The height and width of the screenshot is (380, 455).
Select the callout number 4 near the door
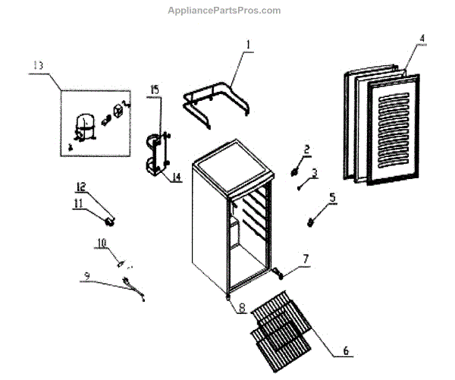[422, 37]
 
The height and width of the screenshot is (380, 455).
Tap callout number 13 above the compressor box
[37, 66]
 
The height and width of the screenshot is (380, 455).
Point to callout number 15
[154, 90]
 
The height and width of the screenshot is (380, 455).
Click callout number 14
[175, 177]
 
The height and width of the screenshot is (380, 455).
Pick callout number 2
[307, 149]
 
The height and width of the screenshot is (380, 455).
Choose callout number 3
[314, 172]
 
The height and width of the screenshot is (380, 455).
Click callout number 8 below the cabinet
[242, 308]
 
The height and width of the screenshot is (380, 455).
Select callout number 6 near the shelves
[346, 350]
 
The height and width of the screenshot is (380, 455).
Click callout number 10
[102, 243]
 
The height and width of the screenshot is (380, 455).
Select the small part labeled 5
[311, 221]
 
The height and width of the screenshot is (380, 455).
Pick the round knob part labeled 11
[110, 221]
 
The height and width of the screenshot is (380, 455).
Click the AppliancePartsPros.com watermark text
[227, 11]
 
